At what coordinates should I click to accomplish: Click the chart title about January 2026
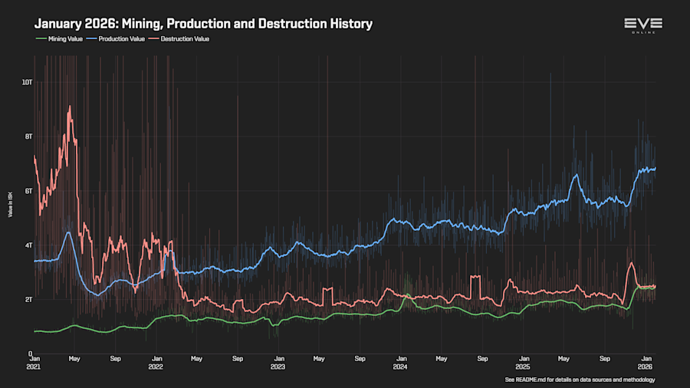[203, 24]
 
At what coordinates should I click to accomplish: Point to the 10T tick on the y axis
[27, 81]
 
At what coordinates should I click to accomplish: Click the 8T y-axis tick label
[28, 136]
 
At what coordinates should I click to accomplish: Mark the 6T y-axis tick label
[28, 190]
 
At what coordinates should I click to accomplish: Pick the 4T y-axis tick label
[28, 245]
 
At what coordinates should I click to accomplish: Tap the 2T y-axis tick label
[28, 299]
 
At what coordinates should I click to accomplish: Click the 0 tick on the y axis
[29, 353]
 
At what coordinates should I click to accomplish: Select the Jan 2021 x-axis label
[34, 362]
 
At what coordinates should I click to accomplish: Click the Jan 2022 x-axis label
[156, 362]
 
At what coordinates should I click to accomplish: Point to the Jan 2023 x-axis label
[278, 362]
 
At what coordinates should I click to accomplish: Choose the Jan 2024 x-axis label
[400, 362]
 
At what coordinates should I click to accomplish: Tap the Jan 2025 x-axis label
[523, 362]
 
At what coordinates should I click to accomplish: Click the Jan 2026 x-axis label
[645, 362]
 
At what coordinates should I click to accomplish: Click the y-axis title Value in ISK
[10, 205]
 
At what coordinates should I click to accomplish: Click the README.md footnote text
[580, 380]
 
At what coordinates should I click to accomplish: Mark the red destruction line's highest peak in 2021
[70, 107]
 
